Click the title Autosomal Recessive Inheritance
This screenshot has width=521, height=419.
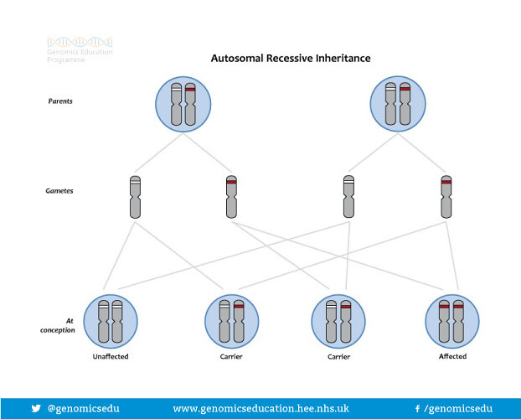pyautogui.click(x=289, y=59)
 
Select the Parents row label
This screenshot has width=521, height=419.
pyautogui.click(x=59, y=102)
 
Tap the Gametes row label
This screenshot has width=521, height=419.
pyautogui.click(x=59, y=191)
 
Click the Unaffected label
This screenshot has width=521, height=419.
pyautogui.click(x=111, y=357)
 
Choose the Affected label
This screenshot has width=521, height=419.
pyautogui.click(x=452, y=357)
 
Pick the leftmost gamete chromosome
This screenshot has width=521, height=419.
pyautogui.click(x=135, y=197)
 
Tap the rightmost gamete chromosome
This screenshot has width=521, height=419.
pyautogui.click(x=446, y=197)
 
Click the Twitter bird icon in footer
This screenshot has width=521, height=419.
pyautogui.click(x=36, y=408)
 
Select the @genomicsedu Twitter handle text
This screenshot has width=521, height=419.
pyautogui.click(x=84, y=408)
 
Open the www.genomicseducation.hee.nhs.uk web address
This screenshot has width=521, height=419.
pyautogui.click(x=260, y=408)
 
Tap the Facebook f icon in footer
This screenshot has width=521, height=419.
pyautogui.click(x=417, y=408)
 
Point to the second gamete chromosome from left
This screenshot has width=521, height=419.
pyautogui.click(x=231, y=197)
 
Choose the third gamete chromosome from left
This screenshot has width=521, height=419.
pyautogui.click(x=349, y=197)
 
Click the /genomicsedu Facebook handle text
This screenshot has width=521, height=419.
pyautogui.click(x=458, y=408)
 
